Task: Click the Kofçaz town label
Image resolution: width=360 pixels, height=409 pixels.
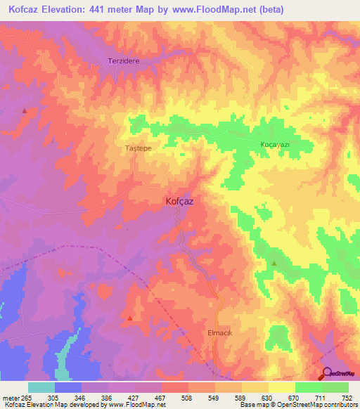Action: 179,201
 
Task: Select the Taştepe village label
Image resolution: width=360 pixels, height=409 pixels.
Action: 138,149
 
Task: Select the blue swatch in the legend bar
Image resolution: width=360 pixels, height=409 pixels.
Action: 68,387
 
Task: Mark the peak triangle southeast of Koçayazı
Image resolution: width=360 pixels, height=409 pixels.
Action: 274,264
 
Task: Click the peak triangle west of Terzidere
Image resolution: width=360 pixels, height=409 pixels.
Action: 25,110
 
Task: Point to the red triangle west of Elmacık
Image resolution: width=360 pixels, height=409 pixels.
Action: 130,318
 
